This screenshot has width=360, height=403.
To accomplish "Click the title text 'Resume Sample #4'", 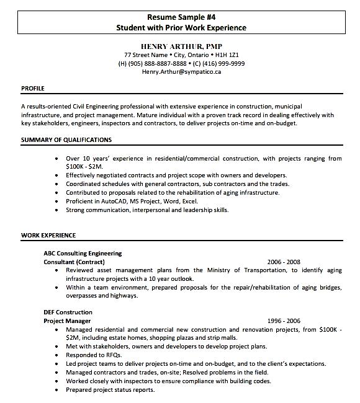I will [181, 17].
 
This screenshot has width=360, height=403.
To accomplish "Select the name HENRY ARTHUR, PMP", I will [181, 46].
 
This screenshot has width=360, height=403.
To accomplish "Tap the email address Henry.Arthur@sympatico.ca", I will [181, 72].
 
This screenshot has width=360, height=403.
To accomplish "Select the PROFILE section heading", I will [32, 89].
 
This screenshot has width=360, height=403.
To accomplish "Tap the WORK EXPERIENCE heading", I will [48, 236].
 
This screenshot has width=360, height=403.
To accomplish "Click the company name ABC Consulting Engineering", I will [83, 253].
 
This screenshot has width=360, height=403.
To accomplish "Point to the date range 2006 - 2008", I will [284, 262].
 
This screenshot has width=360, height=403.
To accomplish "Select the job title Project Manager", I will [67, 321].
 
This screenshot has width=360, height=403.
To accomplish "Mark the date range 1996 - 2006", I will [284, 321].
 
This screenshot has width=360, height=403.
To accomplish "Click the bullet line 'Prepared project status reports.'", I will [110, 389].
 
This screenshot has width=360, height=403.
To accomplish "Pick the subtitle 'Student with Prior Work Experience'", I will [181, 28].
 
